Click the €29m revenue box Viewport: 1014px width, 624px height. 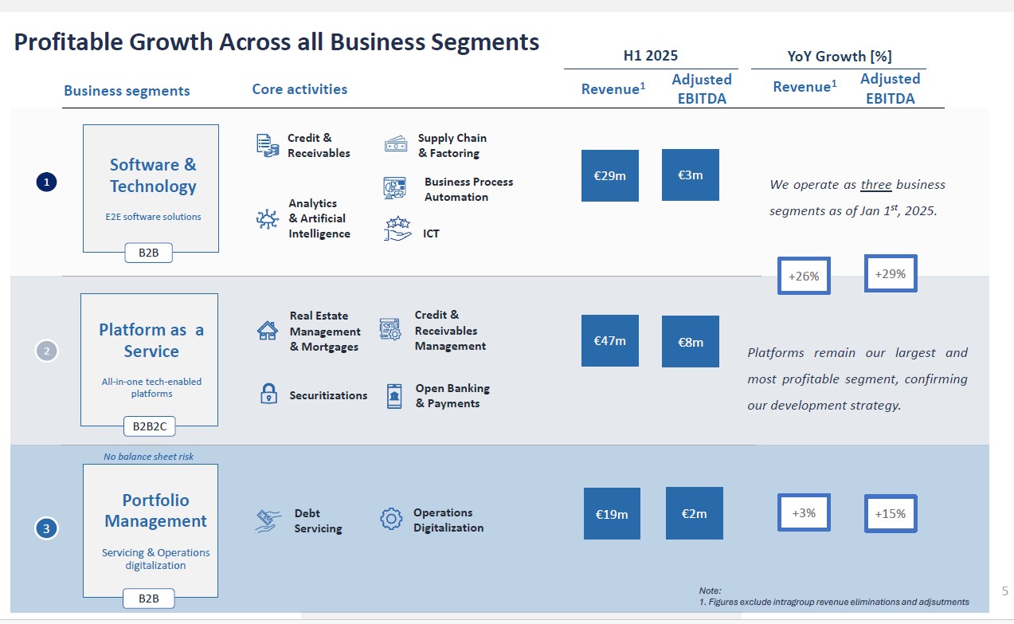[610, 175]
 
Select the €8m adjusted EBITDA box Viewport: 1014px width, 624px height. [690, 341]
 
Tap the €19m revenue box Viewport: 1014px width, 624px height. [612, 513]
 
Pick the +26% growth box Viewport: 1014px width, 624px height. [804, 275]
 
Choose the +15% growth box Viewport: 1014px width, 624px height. [891, 513]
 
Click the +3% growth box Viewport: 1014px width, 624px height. [804, 512]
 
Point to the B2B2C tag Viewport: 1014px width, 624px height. [150, 426]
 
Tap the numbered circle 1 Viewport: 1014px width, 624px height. [46, 182]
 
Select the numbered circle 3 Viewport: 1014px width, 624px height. [46, 528]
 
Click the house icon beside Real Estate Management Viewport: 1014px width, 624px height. [268, 331]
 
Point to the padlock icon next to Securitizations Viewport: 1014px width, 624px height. [268, 393]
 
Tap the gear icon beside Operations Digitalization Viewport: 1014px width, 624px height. [391, 519]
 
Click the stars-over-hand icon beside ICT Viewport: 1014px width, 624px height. [397, 229]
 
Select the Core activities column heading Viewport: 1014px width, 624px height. [300, 89]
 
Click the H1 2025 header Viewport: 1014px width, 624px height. [651, 55]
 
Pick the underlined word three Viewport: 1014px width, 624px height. [876, 185]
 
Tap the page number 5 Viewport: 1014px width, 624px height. [1004, 591]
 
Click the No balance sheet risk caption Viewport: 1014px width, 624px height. [148, 457]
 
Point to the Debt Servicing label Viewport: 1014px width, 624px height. [318, 520]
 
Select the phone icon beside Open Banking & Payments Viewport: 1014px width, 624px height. [394, 396]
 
